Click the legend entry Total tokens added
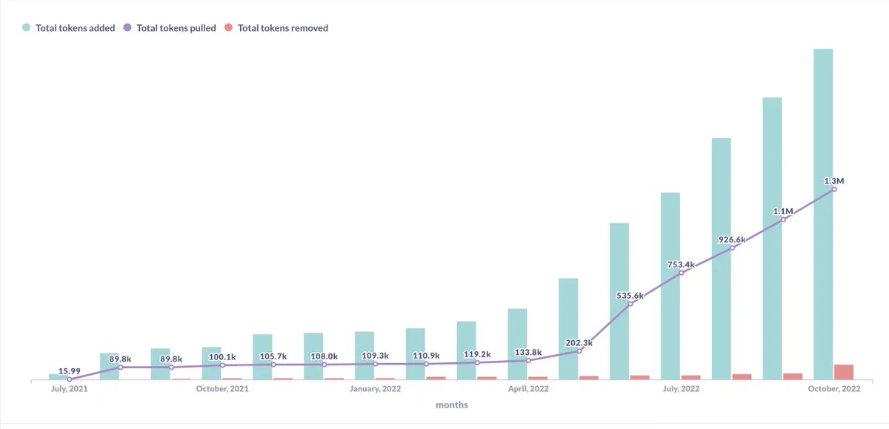point(69,27)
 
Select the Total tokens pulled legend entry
point(170,27)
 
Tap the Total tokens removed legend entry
point(276,27)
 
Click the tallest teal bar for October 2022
point(823,214)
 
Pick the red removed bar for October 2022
point(844,372)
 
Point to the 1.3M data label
point(834,181)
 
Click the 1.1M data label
point(783,211)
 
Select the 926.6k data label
point(732,240)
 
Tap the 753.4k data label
point(681,265)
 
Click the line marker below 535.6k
point(630,304)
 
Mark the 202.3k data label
point(579,342)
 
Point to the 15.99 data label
point(70,371)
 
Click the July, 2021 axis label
point(70,388)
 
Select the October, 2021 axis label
point(222,388)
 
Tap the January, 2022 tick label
point(375,388)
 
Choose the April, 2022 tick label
point(528,388)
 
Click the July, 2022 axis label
point(681,388)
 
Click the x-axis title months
point(452,405)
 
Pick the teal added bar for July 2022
point(670,286)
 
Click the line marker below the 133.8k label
point(528,361)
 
